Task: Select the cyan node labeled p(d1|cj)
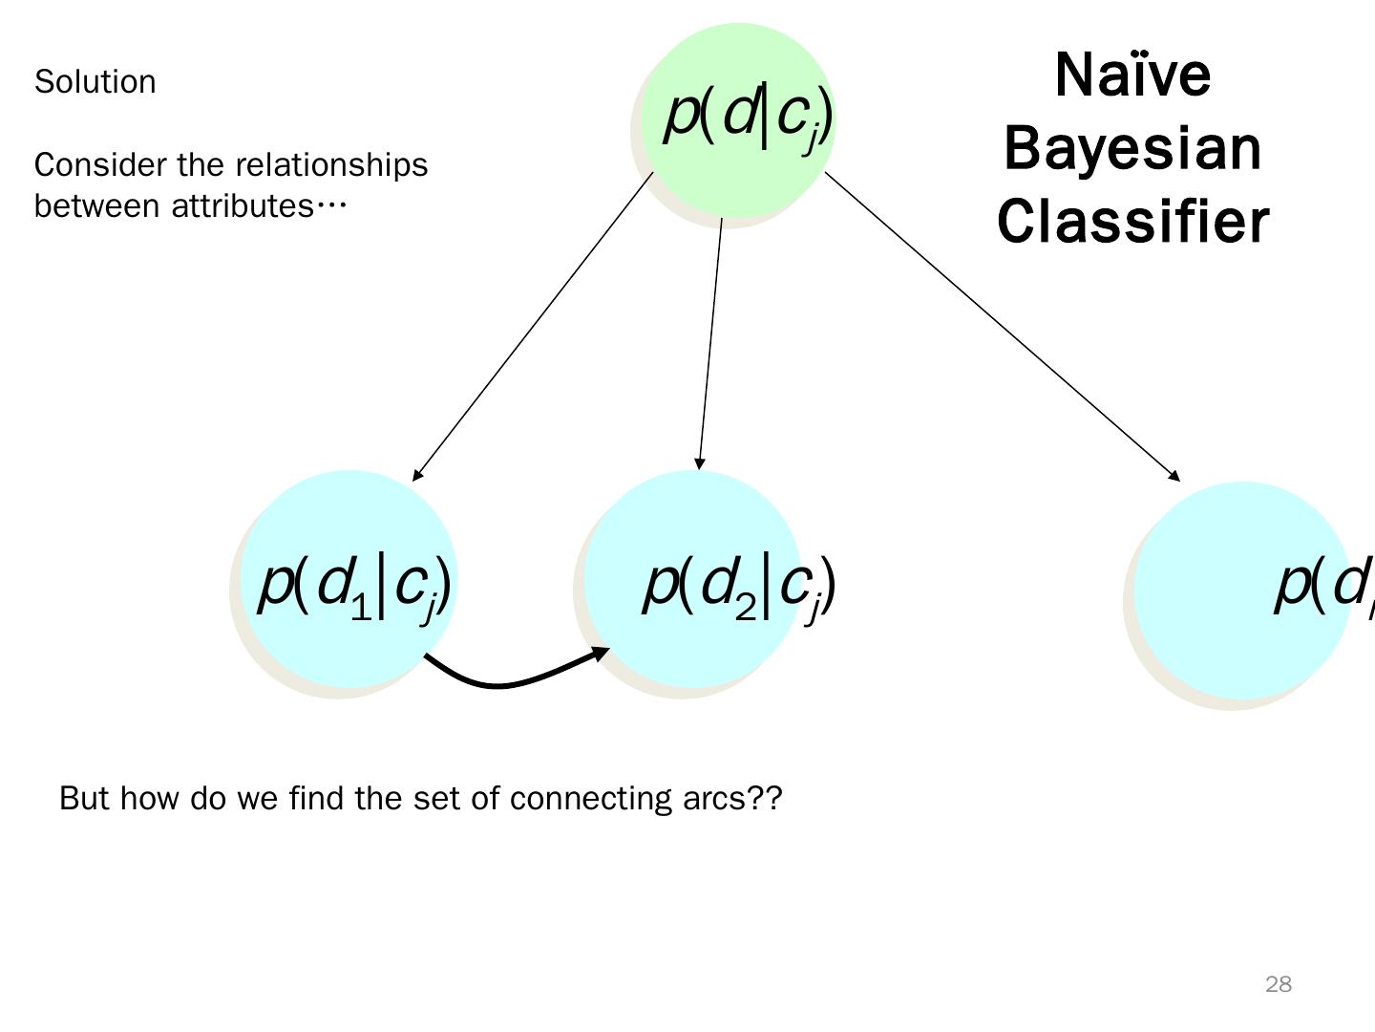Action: [x=349, y=578]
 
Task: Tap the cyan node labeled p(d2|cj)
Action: [x=692, y=578]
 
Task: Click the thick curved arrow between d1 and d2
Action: [x=506, y=680]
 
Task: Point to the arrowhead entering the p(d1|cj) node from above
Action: [x=417, y=475]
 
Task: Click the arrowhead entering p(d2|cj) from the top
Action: [x=700, y=463]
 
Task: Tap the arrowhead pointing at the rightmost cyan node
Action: [x=1174, y=475]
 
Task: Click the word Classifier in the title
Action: [x=1132, y=221]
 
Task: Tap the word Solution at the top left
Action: [x=95, y=82]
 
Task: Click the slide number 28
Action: [x=1278, y=984]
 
